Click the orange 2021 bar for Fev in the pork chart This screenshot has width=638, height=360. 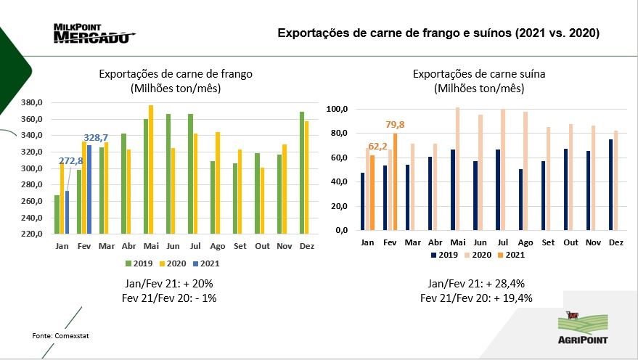pos(395,181)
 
